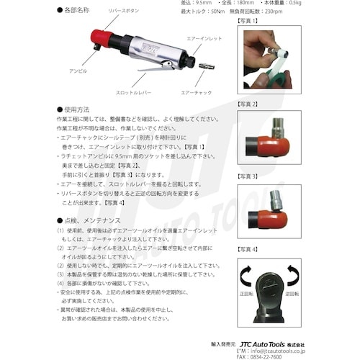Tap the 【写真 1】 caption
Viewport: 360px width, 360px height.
click(248, 21)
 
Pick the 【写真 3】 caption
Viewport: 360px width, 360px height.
click(248, 176)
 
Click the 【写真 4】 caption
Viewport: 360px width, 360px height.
click(248, 249)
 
